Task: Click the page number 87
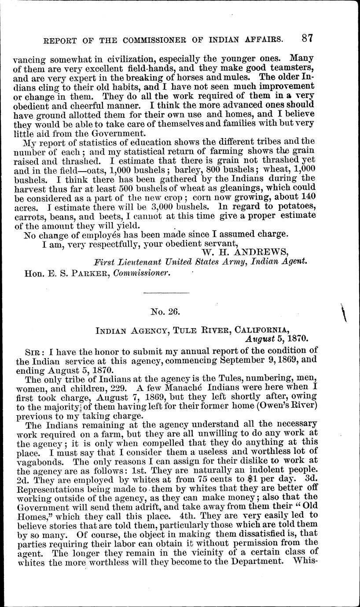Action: (307, 38)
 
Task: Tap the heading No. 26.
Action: (163, 312)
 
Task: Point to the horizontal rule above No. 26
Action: (163, 293)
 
